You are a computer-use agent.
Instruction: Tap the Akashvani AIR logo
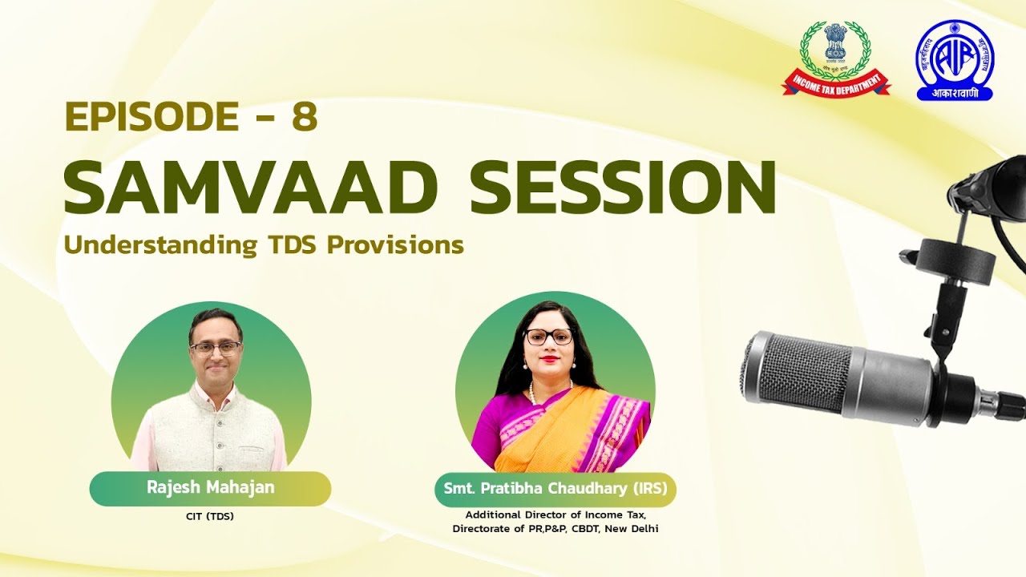click(x=954, y=60)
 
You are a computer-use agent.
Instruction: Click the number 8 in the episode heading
click(x=305, y=117)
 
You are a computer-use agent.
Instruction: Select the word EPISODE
click(x=151, y=117)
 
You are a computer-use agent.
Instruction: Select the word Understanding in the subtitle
click(x=156, y=244)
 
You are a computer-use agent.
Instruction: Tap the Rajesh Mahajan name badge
click(x=210, y=488)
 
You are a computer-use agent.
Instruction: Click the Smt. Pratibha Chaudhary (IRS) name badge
click(x=555, y=488)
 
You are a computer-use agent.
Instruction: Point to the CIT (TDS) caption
click(x=210, y=516)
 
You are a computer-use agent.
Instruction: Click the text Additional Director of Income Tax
click(x=555, y=514)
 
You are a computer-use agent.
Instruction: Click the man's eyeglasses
click(x=215, y=348)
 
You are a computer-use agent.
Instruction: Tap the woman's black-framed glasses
click(x=549, y=337)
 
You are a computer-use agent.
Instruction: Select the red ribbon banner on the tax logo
click(x=836, y=83)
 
